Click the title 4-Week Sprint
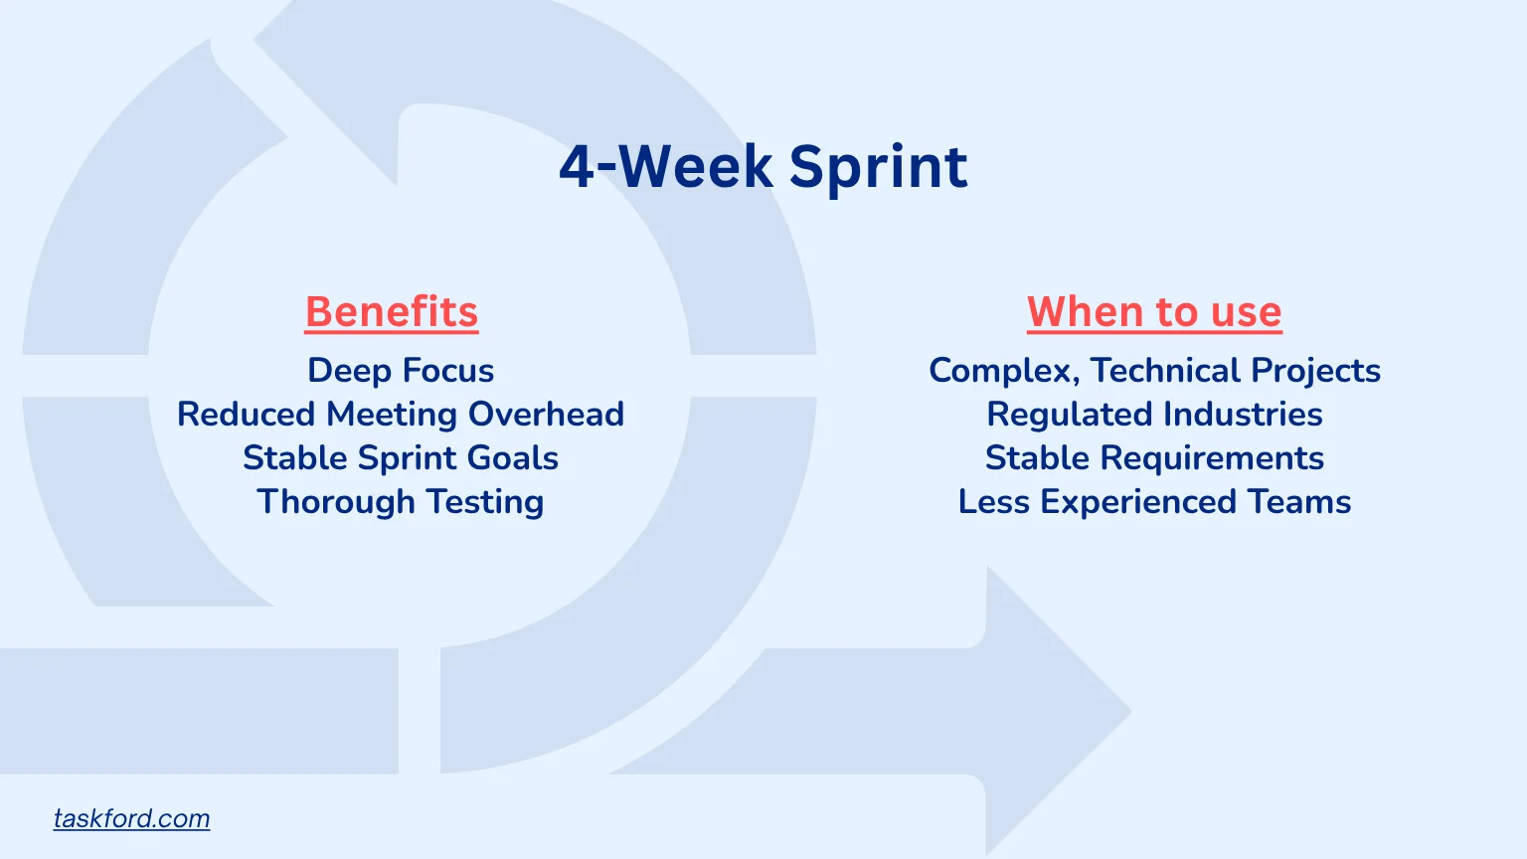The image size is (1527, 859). (763, 167)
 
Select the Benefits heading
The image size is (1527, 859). (392, 312)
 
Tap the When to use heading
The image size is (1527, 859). (1154, 312)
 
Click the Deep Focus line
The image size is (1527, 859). (401, 371)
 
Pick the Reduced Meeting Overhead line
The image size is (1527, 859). (401, 415)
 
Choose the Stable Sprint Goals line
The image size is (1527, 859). (401, 458)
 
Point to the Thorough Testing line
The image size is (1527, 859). (401, 502)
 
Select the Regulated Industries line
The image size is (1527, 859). (1154, 415)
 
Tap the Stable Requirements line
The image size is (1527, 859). (1154, 458)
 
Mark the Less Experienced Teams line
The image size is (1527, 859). (1154, 502)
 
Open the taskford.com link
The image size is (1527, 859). (131, 819)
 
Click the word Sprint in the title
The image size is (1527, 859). (879, 168)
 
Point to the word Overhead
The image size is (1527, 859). (546, 415)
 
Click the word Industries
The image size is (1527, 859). (1243, 415)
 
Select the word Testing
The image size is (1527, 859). (485, 502)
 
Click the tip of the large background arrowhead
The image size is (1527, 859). (1131, 711)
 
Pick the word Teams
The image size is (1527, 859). (1299, 502)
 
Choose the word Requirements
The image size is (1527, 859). (1212, 458)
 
